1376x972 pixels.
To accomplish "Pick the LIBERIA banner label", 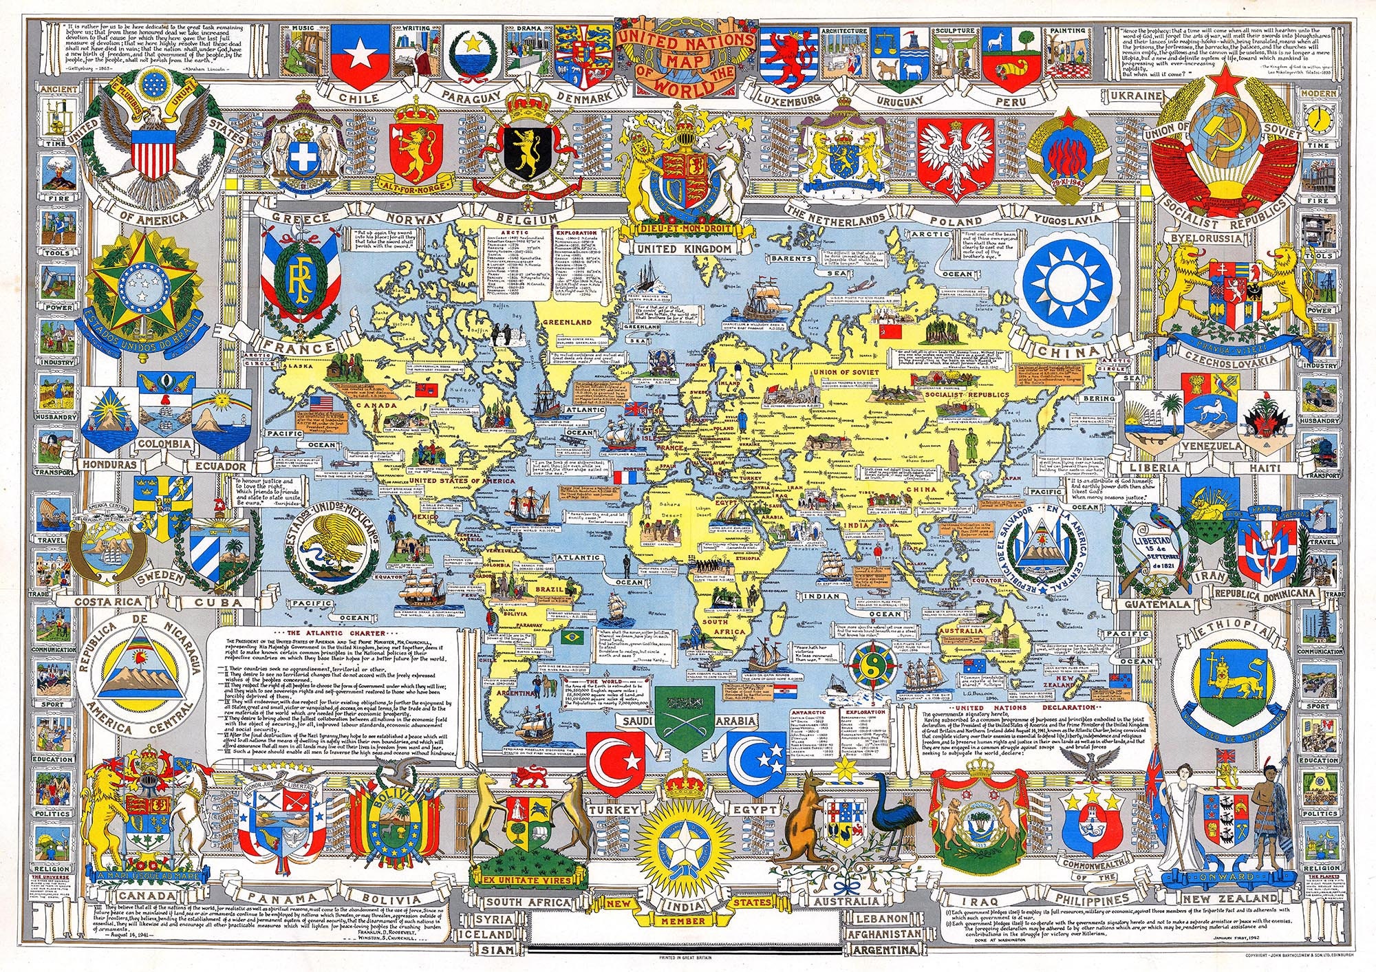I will [x=1154, y=468].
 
